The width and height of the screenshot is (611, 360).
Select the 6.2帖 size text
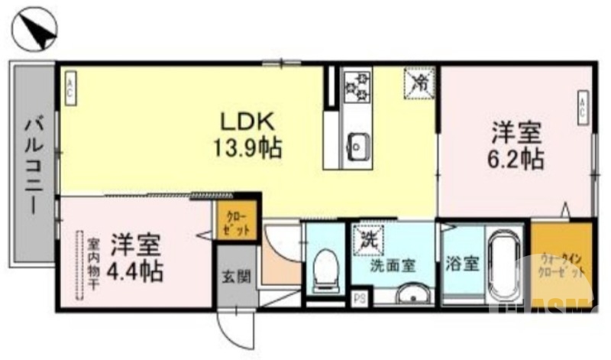coord(517,160)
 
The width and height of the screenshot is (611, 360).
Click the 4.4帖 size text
coord(135,270)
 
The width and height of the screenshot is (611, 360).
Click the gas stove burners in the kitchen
coord(356,87)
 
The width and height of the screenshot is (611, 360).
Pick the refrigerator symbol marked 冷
coord(419,83)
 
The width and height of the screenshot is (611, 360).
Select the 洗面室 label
coord(393,265)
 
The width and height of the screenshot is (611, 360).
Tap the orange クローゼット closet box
coord(234,222)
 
